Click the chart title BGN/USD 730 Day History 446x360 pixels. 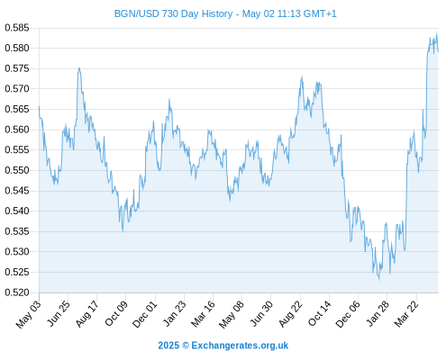[173, 13]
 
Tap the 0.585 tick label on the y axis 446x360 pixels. [17, 28]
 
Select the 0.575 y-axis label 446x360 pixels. [17, 68]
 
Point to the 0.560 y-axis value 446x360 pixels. [17, 130]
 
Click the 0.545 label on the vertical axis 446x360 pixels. [17, 191]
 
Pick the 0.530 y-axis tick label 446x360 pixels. [17, 252]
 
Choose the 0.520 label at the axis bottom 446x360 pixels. [17, 292]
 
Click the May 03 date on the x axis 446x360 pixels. [28, 314]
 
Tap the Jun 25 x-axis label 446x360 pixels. [59, 313]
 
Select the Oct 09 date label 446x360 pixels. [116, 313]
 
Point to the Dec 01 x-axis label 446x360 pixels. [145, 314]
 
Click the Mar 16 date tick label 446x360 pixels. [204, 314]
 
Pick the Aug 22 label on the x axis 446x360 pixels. [290, 314]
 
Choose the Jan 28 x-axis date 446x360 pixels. [378, 313]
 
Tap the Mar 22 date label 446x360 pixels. [406, 314]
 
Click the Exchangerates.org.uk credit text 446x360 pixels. [240, 346]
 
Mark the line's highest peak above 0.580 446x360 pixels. [436, 32]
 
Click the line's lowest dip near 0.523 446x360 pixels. [379, 280]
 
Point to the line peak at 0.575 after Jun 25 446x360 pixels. [79, 67]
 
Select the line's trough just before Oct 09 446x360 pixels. [123, 232]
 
